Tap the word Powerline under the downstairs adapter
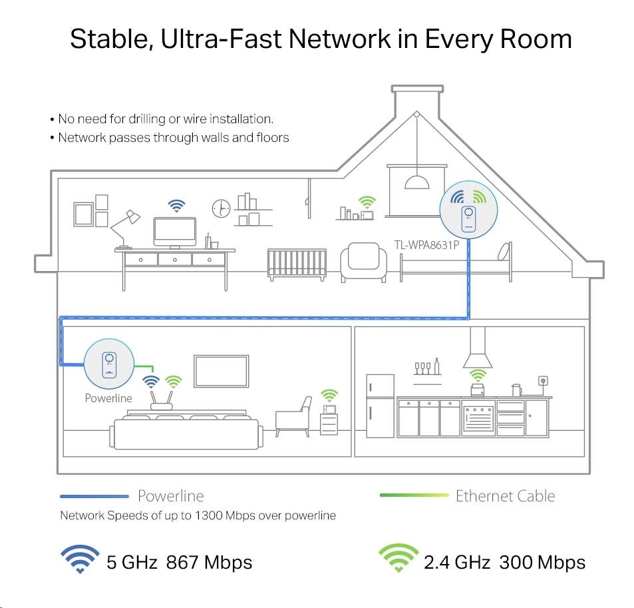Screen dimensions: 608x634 click(x=108, y=398)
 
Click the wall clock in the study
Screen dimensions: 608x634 click(x=220, y=208)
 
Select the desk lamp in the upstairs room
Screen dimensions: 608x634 click(x=125, y=226)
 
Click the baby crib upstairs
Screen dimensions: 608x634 click(x=297, y=266)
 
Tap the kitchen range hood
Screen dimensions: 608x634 click(x=477, y=350)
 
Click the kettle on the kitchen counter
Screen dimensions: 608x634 click(x=516, y=390)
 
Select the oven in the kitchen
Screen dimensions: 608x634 click(x=478, y=417)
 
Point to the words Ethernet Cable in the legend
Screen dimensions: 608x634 click(x=505, y=495)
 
